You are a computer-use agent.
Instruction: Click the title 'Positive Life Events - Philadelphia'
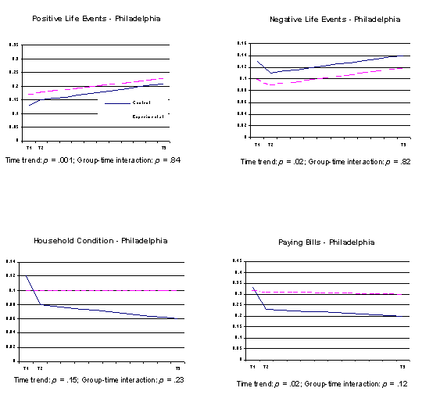click(x=97, y=19)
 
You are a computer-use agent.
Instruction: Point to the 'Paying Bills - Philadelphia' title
click(x=327, y=242)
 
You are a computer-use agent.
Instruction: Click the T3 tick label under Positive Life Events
click(x=163, y=147)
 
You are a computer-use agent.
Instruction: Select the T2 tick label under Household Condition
click(x=40, y=368)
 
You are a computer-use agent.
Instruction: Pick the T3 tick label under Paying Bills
click(x=403, y=366)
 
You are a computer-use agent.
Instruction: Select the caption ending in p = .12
click(x=327, y=384)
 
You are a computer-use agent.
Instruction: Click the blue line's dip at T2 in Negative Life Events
click(x=270, y=73)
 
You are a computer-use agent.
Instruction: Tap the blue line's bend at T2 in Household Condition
click(x=40, y=304)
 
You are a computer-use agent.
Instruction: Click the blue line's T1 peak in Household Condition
click(x=27, y=276)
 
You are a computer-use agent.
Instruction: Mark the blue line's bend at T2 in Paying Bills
click(x=266, y=310)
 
